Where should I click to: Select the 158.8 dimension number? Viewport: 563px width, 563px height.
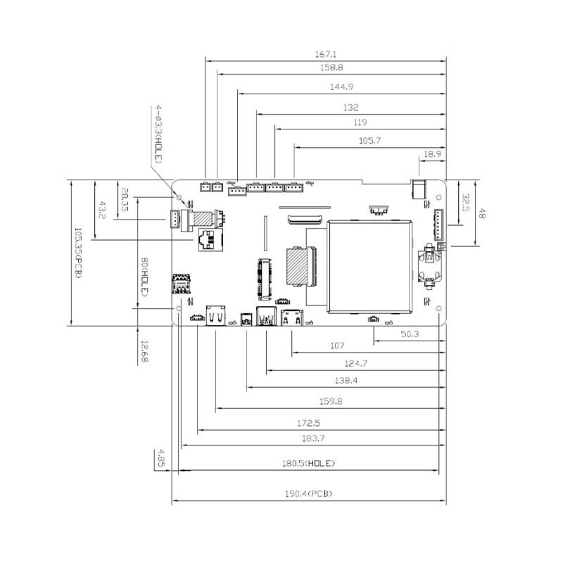point(331,68)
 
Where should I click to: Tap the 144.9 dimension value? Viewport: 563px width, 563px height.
point(341,87)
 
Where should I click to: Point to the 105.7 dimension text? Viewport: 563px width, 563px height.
point(369,141)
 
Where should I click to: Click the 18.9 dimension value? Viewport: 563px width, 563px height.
point(432,153)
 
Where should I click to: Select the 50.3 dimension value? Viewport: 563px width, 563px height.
point(410,334)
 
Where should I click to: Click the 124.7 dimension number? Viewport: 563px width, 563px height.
point(357,363)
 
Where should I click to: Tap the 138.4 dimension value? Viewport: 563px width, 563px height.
point(346,380)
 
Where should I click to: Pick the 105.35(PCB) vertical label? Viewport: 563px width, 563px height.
point(77,251)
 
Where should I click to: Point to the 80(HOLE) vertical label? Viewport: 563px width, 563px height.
point(144,277)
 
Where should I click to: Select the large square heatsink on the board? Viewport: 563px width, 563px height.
point(369,265)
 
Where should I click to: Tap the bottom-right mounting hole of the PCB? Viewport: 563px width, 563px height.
point(438,308)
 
